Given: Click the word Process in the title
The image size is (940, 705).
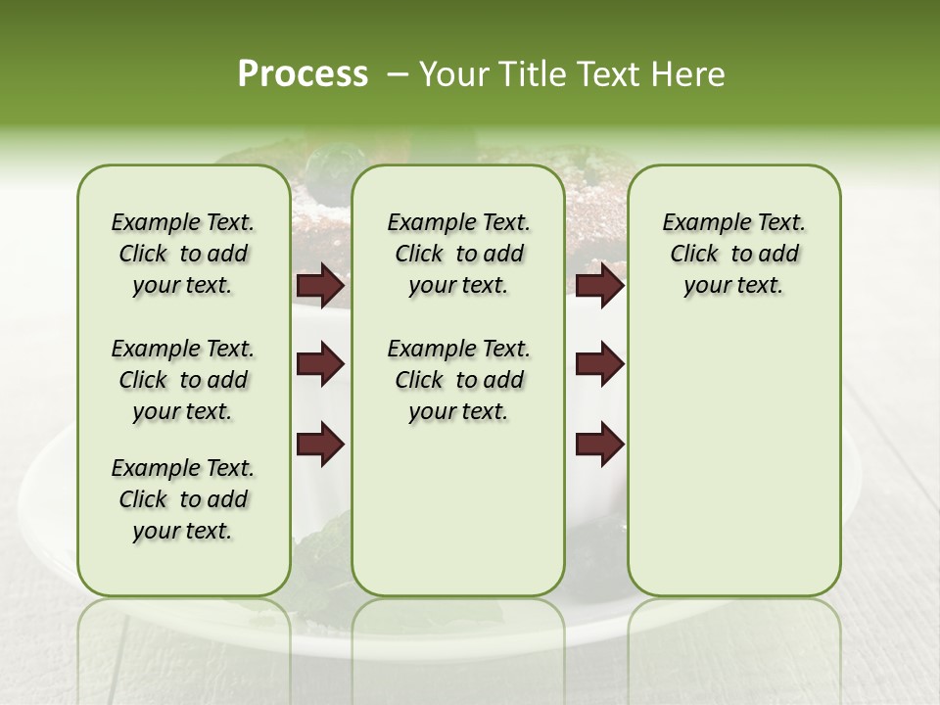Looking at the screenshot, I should (x=303, y=74).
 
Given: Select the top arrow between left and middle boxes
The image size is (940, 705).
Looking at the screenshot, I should (x=320, y=285).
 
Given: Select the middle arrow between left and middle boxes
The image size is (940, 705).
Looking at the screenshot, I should (x=320, y=364).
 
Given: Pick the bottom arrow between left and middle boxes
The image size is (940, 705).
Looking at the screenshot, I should (x=320, y=444).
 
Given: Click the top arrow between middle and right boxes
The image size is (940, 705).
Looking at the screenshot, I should (x=599, y=285).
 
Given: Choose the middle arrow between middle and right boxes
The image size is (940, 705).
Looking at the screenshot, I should (x=599, y=364).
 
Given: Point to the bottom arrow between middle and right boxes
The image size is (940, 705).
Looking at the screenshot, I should (x=599, y=444).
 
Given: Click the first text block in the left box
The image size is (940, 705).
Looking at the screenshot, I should (x=183, y=254).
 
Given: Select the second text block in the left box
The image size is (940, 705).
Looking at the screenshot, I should (x=183, y=380).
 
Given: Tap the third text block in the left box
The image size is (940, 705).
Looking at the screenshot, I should (x=183, y=499).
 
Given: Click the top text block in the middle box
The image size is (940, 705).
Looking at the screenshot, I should (x=458, y=254).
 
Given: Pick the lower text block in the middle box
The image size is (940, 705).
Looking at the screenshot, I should (x=458, y=380).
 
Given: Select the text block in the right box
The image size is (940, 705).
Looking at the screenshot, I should (x=733, y=254).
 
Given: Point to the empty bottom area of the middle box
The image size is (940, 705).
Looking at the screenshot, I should (x=458, y=519).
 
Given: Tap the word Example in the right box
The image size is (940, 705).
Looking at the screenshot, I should (x=698, y=222).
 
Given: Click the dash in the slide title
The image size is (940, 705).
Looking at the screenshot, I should (x=398, y=74).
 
